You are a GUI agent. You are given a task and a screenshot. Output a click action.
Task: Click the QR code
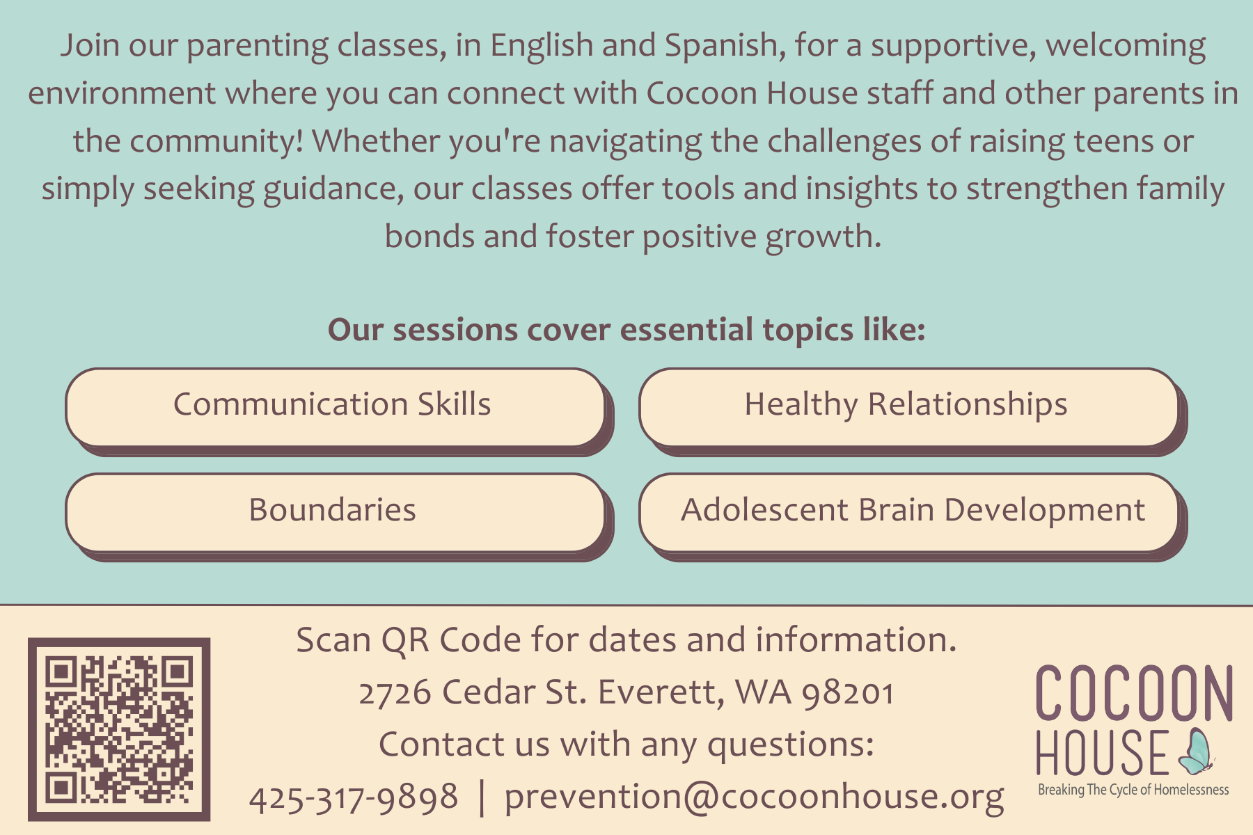point(119,729)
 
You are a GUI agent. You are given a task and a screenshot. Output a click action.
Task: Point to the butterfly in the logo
point(1196,753)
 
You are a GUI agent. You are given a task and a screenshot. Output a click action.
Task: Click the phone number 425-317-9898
point(354,797)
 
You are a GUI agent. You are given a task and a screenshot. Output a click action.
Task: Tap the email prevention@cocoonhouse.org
point(754,797)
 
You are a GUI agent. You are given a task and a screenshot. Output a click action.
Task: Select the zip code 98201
point(848,693)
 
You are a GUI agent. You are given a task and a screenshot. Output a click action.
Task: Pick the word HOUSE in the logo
point(1102,753)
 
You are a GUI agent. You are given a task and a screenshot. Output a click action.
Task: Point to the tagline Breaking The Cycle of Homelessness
point(1133,790)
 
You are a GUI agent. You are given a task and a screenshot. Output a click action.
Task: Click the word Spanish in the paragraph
point(720,46)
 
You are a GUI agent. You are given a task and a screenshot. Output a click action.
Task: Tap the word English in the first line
point(541,46)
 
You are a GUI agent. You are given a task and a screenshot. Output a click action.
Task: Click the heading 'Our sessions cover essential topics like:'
point(626,330)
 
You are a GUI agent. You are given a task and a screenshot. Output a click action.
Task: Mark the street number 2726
point(395,693)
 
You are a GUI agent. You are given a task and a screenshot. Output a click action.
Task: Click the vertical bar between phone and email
point(482,797)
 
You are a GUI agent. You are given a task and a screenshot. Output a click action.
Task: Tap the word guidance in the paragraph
point(333,189)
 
